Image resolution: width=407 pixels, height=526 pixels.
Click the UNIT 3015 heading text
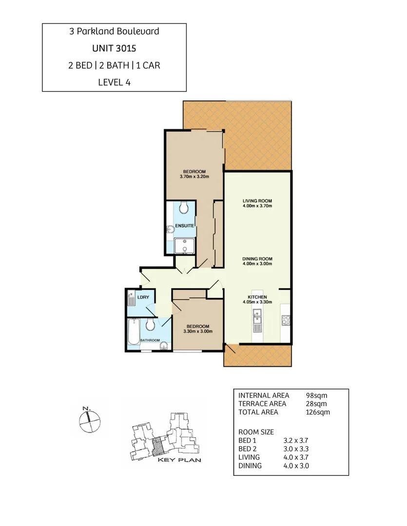coord(114,48)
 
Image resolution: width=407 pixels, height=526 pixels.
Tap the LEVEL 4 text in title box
coord(114,82)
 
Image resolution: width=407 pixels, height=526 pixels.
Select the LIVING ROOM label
coord(257,201)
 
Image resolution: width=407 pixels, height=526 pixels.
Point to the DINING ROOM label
coord(257,259)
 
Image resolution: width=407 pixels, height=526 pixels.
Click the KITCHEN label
coord(257,297)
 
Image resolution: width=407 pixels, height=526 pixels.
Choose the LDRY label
coord(143,297)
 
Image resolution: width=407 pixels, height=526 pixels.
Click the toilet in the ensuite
coord(184,208)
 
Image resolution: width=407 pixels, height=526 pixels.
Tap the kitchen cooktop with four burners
coord(286,320)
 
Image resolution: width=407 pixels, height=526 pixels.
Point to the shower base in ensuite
coord(184,246)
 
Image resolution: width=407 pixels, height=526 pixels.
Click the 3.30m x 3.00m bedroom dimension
coord(196,332)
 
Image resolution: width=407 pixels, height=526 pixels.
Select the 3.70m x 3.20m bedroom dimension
coord(194,177)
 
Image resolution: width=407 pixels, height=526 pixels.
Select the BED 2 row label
coord(249,449)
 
